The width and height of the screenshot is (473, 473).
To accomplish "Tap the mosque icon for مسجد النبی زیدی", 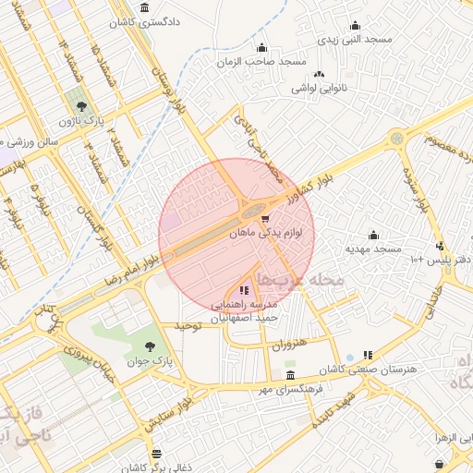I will tap(355, 26).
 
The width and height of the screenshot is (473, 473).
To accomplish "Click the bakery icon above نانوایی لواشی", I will tap(319, 74).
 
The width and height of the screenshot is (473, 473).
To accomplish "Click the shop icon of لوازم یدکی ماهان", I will tap(266, 220).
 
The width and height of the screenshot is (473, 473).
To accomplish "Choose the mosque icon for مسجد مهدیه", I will tap(373, 235).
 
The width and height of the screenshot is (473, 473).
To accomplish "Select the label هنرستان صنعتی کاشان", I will tap(378, 370).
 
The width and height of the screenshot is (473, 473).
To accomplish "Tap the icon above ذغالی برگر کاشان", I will tap(155, 454).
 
